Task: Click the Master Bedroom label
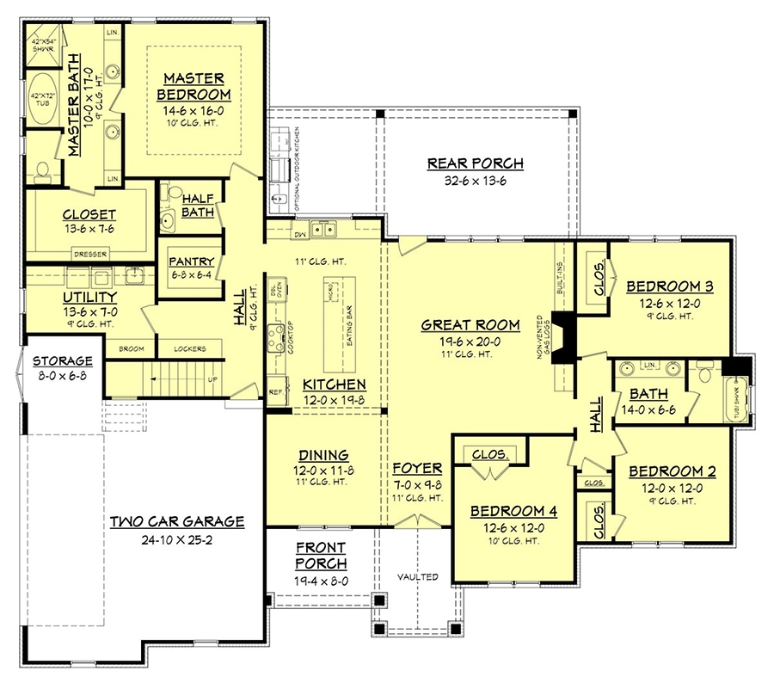195,85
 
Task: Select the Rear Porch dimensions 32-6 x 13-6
475,182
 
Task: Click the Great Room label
470,324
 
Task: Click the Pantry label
191,262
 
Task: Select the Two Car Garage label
177,521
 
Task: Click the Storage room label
62,360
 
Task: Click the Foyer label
417,468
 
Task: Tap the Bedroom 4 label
513,511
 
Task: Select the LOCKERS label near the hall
188,349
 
